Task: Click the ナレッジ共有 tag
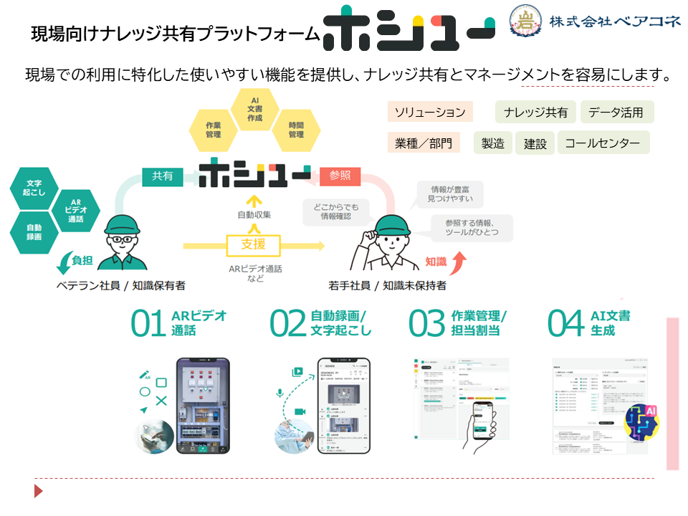(x=535, y=112)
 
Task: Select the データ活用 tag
(x=616, y=112)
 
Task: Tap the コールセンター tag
(x=603, y=143)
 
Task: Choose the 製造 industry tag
(x=492, y=143)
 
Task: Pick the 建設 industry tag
(x=535, y=143)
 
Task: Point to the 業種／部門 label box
(x=424, y=143)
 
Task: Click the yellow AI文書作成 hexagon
(x=254, y=110)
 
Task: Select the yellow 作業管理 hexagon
(x=213, y=130)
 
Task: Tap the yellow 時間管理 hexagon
(x=296, y=130)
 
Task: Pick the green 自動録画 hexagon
(x=34, y=230)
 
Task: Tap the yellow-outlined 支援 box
(x=253, y=244)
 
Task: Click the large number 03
(x=426, y=324)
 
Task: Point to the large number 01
(x=148, y=324)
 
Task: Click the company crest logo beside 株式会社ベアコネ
(x=525, y=22)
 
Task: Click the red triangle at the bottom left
(x=39, y=491)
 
